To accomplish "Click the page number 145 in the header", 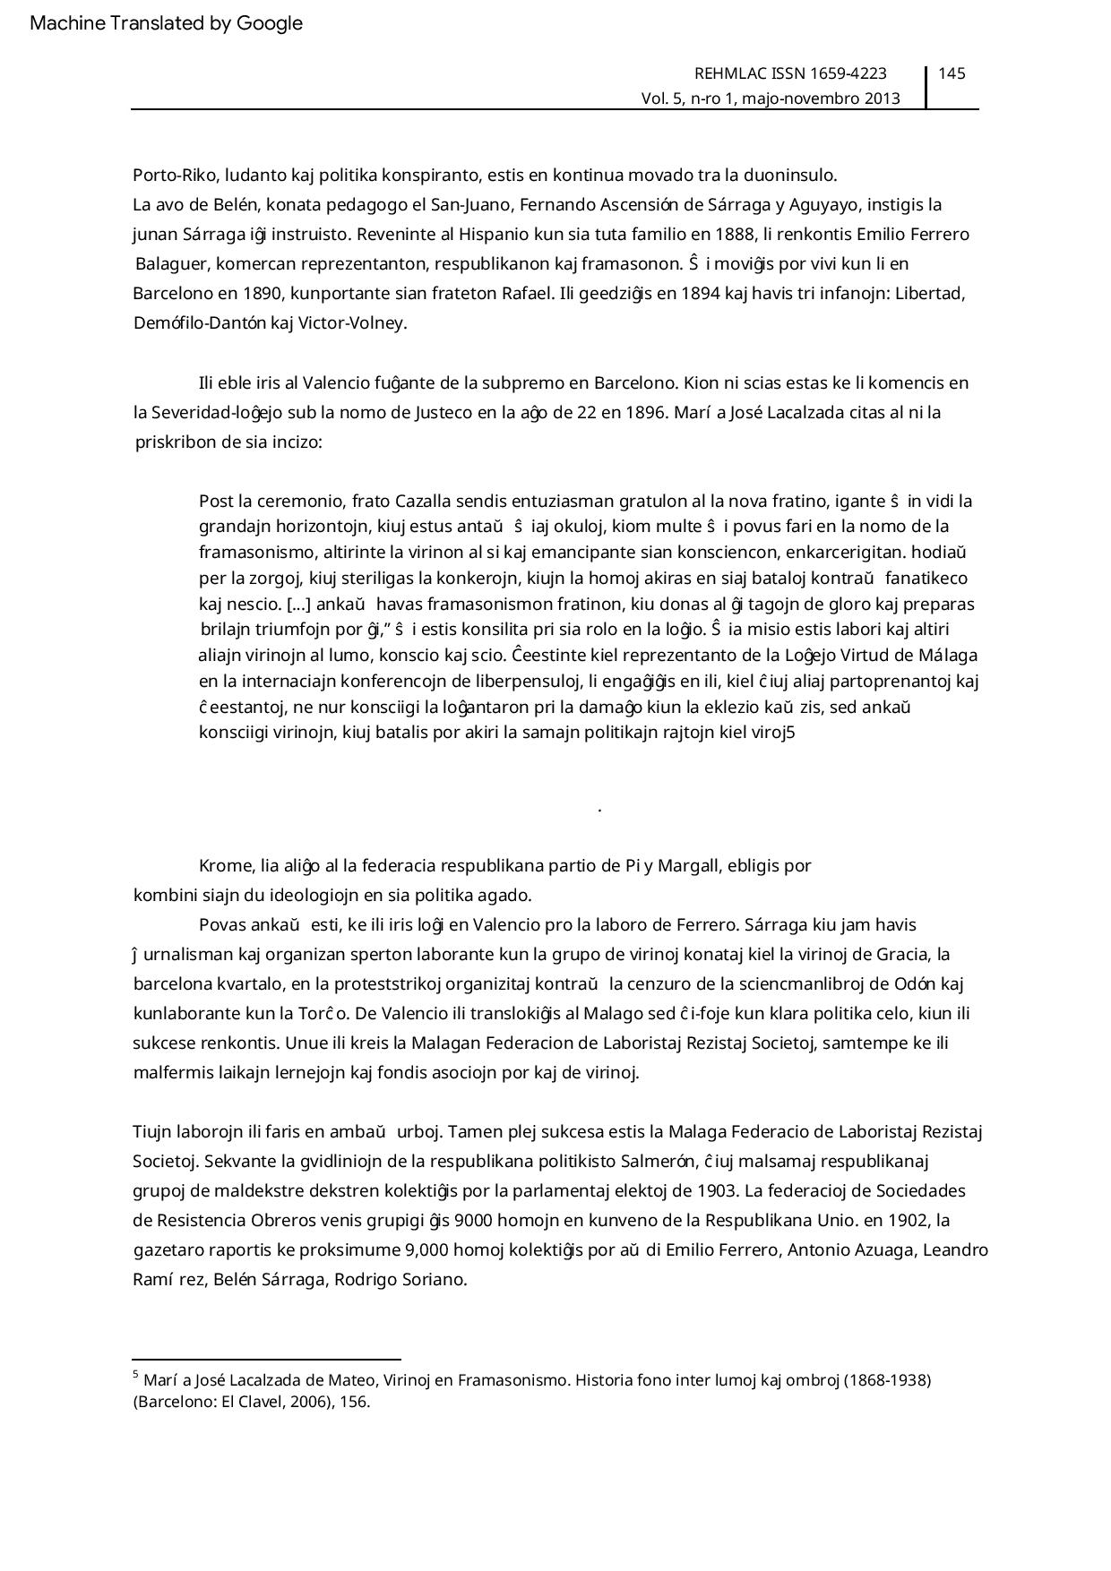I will [x=952, y=73].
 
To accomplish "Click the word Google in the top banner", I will [x=270, y=23].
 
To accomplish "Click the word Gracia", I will [x=902, y=955].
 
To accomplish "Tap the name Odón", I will [x=916, y=984].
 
